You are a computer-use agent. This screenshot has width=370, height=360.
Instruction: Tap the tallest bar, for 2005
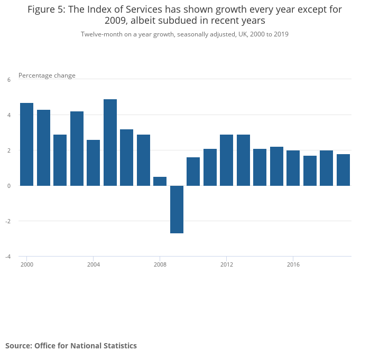110,143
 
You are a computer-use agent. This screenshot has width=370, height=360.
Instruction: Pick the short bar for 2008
160,181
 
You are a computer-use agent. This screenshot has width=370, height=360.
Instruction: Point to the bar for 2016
293,168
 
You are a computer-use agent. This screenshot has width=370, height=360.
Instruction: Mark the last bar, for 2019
343,169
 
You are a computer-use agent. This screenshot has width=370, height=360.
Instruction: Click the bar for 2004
93,163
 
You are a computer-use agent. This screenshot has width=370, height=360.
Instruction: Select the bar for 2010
193,171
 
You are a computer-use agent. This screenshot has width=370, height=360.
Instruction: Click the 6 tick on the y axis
8,80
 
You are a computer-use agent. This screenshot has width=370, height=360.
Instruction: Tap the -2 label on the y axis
8,221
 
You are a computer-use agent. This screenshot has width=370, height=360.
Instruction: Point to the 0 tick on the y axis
8,186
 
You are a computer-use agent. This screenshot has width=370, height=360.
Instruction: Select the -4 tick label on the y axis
8,257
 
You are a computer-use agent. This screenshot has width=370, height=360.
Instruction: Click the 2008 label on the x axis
160,264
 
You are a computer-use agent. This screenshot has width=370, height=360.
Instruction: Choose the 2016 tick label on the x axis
293,264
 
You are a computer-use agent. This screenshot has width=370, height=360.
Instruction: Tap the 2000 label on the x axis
26,264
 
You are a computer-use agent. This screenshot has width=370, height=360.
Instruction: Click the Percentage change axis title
47,75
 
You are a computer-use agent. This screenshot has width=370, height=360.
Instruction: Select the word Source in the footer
17,346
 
